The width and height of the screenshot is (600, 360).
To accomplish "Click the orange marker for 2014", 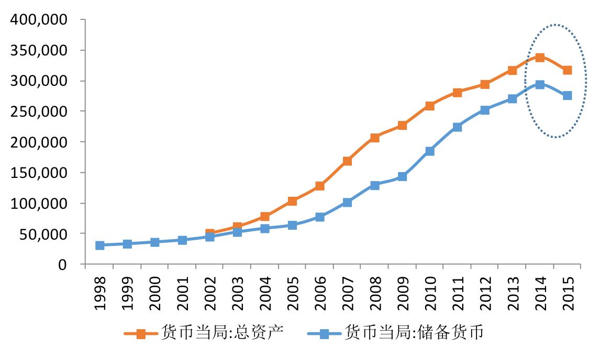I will point(540,58).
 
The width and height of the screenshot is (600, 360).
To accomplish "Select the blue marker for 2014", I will point(540,85).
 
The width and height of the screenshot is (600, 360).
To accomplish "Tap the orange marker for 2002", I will point(210,233).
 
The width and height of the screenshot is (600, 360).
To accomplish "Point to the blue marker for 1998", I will point(100,245).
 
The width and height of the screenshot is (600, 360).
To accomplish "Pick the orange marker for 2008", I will point(375,138).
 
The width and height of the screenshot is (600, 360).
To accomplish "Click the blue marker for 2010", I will point(430,151).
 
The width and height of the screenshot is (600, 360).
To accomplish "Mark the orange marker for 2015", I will point(567,70).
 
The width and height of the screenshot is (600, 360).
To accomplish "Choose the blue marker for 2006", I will point(320,217).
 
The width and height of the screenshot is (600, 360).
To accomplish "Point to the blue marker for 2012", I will point(485,110).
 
